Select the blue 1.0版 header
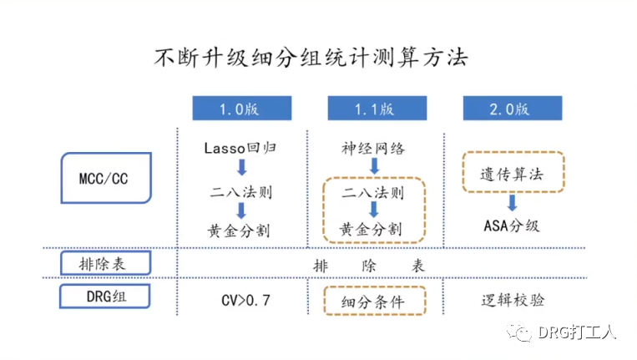tap(242, 109)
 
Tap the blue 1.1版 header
tap(373, 109)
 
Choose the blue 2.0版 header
tap(508, 109)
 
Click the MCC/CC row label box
tap(107, 178)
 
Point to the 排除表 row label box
tap(107, 264)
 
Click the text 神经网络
tap(373, 148)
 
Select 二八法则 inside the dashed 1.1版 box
tap(373, 194)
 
